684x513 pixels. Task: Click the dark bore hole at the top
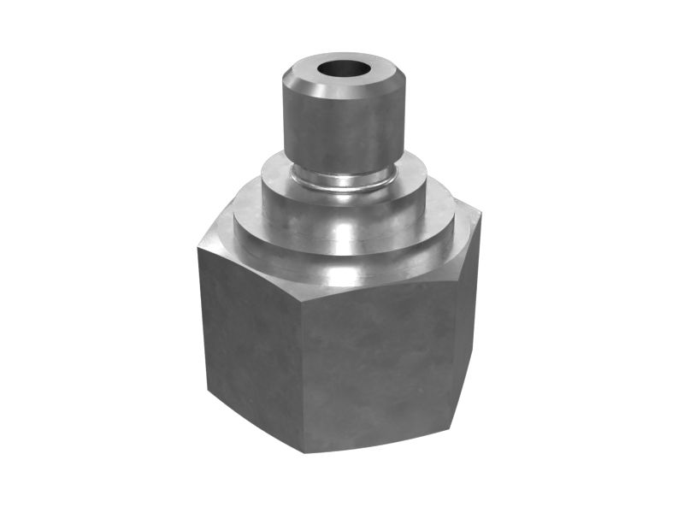pos(344,68)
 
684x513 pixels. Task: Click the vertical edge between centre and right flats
pos(453,342)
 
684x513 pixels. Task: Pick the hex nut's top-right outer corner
pos(481,214)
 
